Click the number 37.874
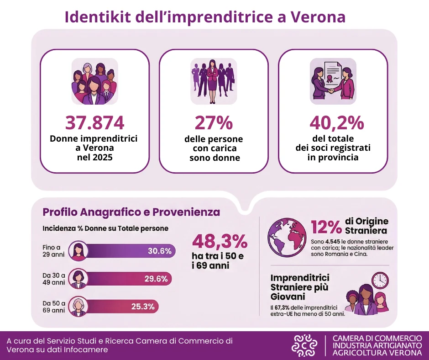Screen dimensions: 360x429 (x=95, y=123)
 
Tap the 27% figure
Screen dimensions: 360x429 (x=214, y=123)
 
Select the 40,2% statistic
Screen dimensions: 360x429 (x=337, y=123)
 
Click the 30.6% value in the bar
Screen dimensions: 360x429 (x=159, y=251)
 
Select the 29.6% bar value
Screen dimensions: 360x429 (x=156, y=279)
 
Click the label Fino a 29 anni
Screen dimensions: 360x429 (x=52, y=251)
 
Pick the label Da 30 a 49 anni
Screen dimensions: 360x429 (x=54, y=278)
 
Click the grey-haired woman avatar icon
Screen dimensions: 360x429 (x=78, y=306)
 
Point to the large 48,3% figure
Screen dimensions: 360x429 (x=220, y=241)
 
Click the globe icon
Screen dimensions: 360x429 (x=287, y=237)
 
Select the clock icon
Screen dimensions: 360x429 (x=380, y=280)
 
